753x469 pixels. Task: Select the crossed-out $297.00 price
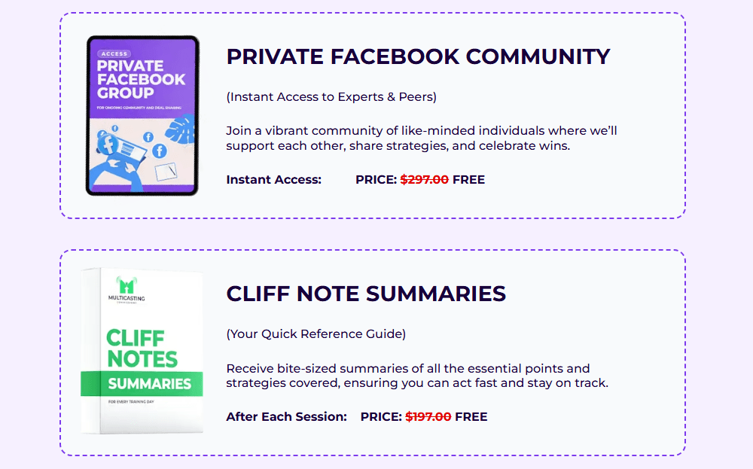coord(425,180)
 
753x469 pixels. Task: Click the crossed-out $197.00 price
coord(428,416)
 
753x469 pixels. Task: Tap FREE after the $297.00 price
coord(468,180)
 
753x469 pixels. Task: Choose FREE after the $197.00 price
coord(471,416)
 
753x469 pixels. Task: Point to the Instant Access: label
coord(273,180)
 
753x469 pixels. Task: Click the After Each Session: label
coord(286,416)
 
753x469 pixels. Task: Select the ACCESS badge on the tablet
coord(114,54)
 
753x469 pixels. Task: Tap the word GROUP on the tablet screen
coord(125,93)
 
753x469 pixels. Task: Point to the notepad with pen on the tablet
coord(166,172)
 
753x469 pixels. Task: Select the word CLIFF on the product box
coord(136,337)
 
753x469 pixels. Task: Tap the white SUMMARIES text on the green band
coord(149,384)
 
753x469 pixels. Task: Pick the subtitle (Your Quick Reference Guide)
coord(316,333)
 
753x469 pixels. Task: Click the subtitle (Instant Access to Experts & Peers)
coord(331,97)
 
